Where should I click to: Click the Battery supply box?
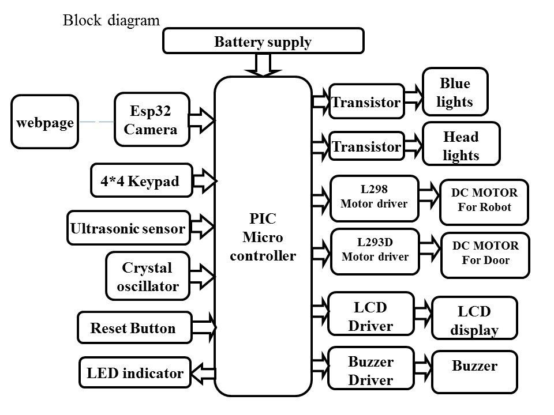tap(264, 41)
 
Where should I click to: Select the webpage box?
tap(45, 122)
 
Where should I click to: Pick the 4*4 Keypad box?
tap(141, 181)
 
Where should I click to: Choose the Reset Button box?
tap(134, 329)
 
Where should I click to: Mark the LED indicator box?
tap(134, 373)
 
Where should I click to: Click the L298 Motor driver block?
tap(374, 197)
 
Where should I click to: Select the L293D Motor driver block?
tap(375, 250)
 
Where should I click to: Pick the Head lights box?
tap(461, 145)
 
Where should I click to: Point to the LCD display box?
tap(474, 320)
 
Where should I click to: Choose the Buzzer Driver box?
tap(370, 371)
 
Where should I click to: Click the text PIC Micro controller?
tap(263, 237)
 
